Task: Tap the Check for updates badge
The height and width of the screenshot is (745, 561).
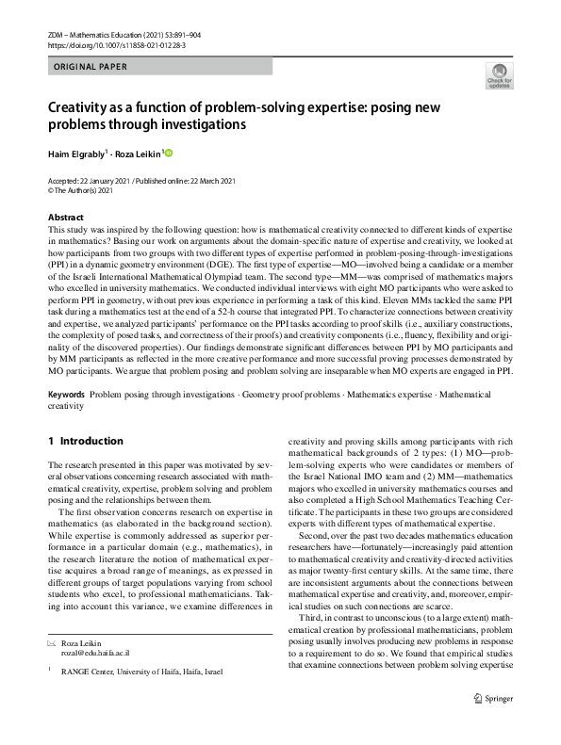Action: click(499, 76)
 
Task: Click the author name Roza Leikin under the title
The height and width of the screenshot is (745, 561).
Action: click(139, 153)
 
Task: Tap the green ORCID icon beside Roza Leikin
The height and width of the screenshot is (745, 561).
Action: click(170, 153)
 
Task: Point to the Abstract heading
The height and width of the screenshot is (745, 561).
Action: click(65, 218)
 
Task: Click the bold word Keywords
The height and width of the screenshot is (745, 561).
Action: click(66, 396)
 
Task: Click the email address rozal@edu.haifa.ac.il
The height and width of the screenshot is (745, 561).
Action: click(95, 652)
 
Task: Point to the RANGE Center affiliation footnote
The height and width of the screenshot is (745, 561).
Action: click(142, 672)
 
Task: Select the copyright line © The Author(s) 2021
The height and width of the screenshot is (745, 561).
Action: click(82, 190)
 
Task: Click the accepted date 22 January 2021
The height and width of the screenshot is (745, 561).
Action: click(102, 181)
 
